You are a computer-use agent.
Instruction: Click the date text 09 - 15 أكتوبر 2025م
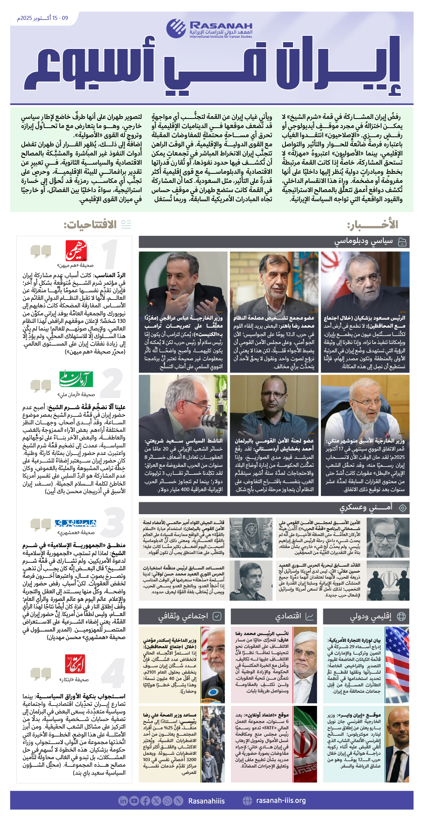coord(43,18)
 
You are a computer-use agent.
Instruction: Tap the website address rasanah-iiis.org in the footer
coord(281,801)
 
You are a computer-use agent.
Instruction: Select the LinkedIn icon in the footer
coord(123,801)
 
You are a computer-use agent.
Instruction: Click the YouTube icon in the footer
coord(134,801)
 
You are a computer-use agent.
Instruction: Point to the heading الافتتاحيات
coord(90,225)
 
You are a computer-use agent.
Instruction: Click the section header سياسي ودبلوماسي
coord(363,241)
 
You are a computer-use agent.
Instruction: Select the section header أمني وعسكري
coord(366,507)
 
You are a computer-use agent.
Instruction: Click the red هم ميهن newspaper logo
coord(76,251)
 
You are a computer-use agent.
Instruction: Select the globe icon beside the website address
coord(247,801)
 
